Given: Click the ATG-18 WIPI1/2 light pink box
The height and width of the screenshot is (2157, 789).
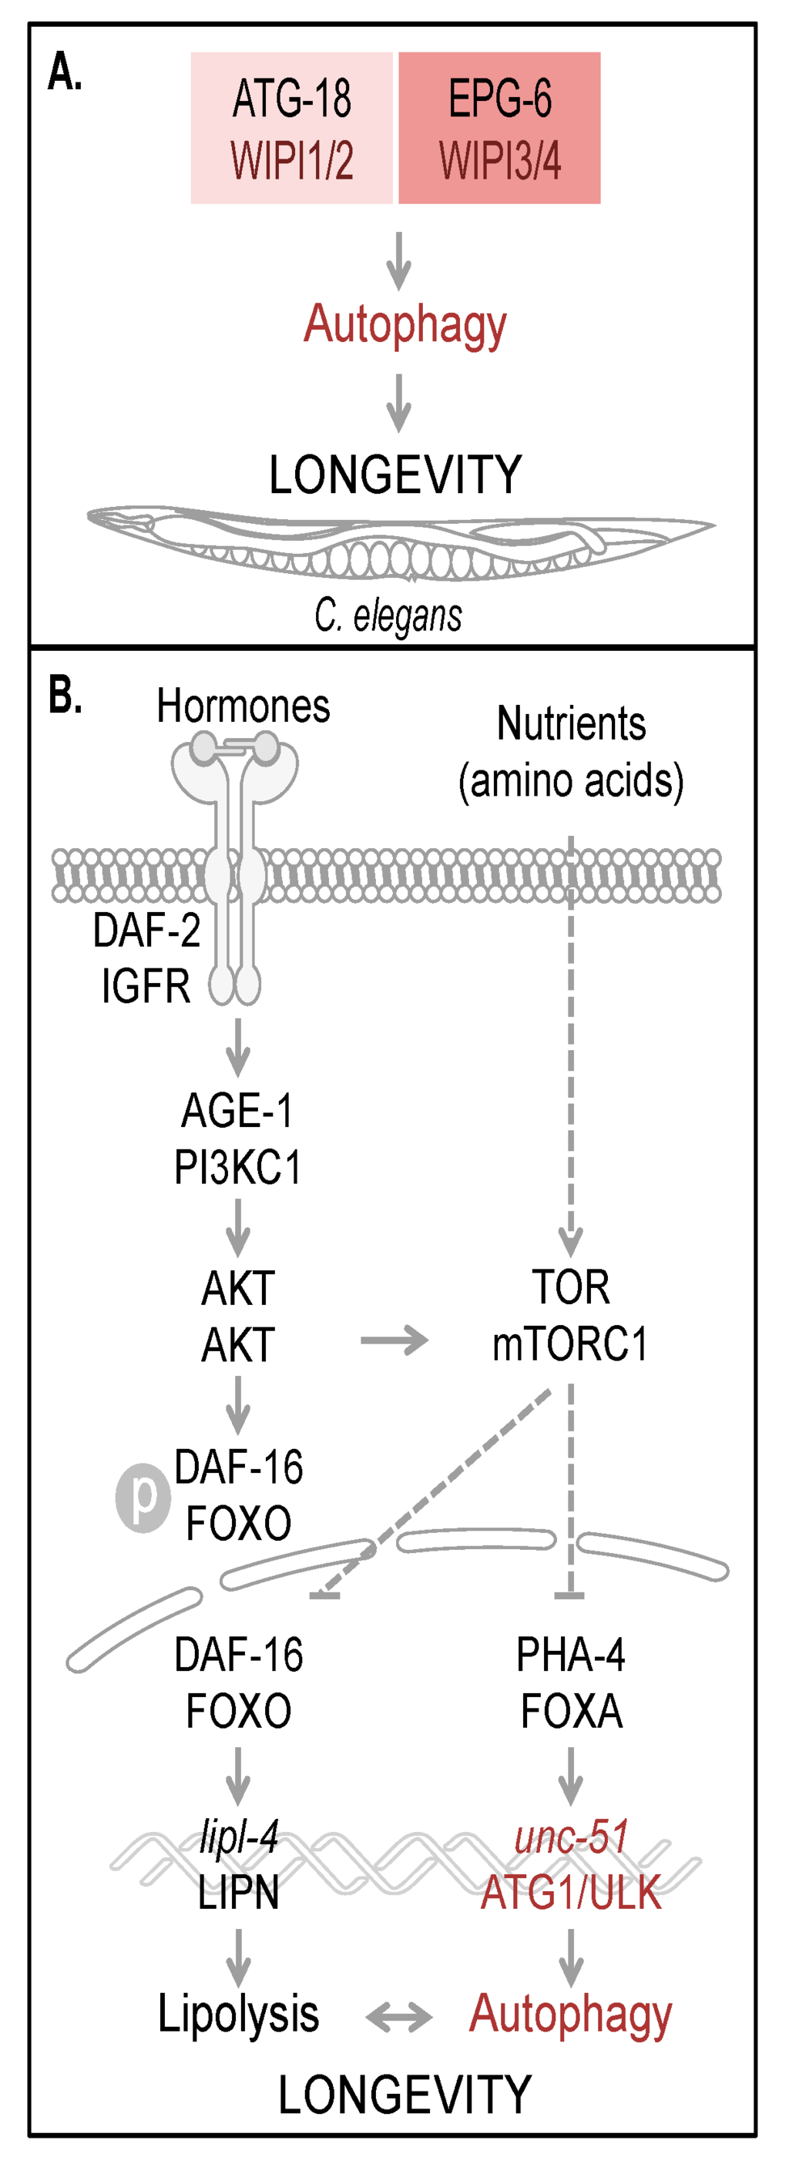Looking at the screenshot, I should (x=291, y=128).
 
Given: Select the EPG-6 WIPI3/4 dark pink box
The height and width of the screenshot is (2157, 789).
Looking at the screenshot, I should (x=499, y=128).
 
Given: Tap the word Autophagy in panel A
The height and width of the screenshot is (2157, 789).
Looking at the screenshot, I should (x=405, y=325).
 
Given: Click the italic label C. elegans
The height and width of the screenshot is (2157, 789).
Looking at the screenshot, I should (x=388, y=616).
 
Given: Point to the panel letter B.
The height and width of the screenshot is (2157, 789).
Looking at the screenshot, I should (x=65, y=696).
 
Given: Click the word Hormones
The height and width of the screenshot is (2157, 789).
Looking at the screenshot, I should (x=243, y=706).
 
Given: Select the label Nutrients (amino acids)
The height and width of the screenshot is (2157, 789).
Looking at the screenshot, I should (x=570, y=752).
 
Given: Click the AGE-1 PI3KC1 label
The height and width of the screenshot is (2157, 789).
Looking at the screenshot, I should (x=238, y=1139).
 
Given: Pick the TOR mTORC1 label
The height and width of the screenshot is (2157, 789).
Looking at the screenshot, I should (x=570, y=1317).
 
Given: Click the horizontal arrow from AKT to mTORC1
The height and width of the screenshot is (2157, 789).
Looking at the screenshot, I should (x=394, y=1340).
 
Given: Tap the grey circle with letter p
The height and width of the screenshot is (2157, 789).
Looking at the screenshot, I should (x=143, y=1498).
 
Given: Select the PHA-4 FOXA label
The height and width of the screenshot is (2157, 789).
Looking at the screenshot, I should (x=570, y=1682).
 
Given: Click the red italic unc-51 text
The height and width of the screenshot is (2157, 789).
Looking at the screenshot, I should (x=570, y=1837).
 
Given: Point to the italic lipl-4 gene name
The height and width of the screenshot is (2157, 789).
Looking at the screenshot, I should (x=238, y=1837).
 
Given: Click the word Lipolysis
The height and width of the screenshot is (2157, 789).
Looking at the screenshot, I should (x=238, y=2014).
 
